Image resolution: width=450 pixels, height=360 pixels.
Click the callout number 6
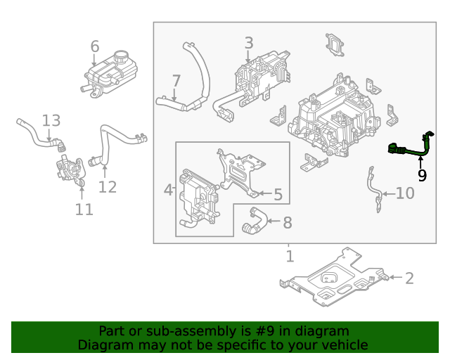pyautogui.click(x=95, y=46)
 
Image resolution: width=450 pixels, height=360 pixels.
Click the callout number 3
pyautogui.click(x=248, y=44)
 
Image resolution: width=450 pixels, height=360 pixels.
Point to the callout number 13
pyautogui.click(x=51, y=121)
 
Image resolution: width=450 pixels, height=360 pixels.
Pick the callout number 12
pyautogui.click(x=107, y=187)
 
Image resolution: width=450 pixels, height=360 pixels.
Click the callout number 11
pyautogui.click(x=84, y=210)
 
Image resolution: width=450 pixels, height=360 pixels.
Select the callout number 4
pyautogui.click(x=168, y=190)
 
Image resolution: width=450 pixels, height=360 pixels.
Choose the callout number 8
pyautogui.click(x=287, y=223)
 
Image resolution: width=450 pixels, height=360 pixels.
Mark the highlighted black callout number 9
pyautogui.click(x=422, y=175)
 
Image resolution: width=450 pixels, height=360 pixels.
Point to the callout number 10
pyautogui.click(x=405, y=193)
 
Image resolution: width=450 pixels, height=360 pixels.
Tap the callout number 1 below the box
pyautogui.click(x=289, y=256)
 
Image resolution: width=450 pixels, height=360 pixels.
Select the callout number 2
pyautogui.click(x=409, y=278)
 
